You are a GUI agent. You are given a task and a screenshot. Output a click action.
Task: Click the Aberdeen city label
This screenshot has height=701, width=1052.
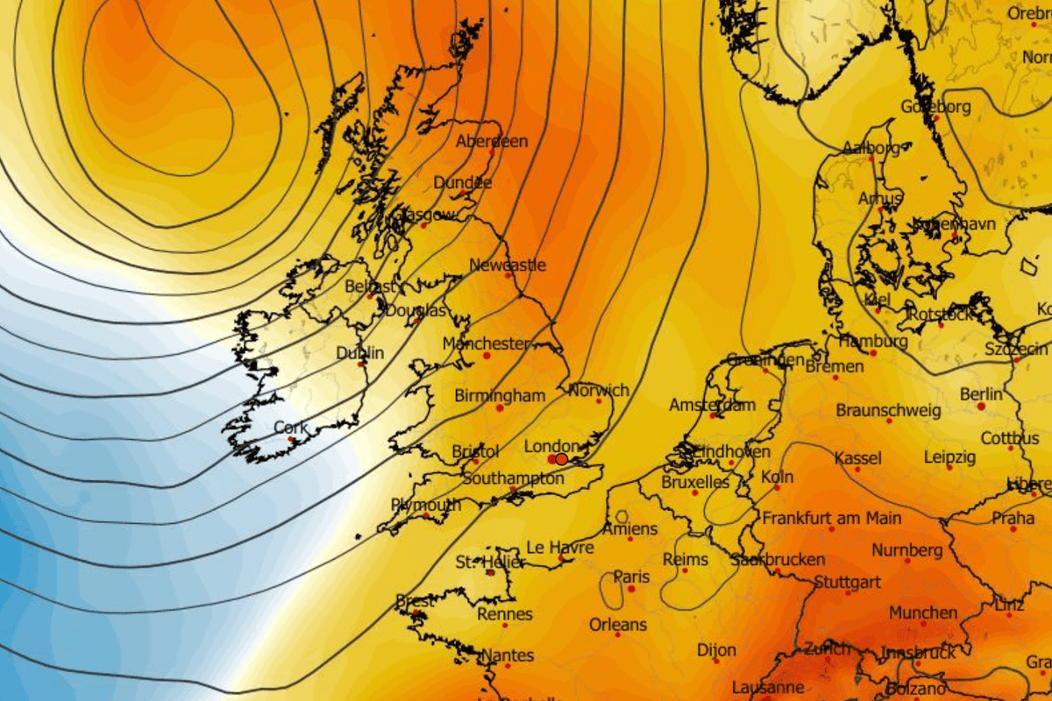tap(492, 141)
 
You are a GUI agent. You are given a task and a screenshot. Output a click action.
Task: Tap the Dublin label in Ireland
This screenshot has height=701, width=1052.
tap(360, 353)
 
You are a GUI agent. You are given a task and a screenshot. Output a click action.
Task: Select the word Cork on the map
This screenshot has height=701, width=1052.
tap(290, 427)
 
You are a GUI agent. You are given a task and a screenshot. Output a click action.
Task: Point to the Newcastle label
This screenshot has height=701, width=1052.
tap(508, 265)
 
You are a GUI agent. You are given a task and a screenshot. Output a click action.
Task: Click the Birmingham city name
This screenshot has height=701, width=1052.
tap(500, 396)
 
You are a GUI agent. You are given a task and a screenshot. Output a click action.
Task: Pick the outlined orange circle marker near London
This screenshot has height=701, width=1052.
tap(562, 458)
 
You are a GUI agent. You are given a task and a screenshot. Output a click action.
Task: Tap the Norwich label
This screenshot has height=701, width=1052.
tap(599, 390)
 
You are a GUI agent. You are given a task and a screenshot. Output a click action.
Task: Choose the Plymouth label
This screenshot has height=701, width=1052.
tap(425, 505)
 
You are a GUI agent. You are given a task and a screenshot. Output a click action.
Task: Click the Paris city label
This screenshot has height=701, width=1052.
tap(631, 577)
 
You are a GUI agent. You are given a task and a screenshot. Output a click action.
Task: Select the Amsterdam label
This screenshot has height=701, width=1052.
tap(712, 406)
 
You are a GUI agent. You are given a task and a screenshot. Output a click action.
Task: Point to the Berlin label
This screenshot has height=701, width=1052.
tap(981, 395)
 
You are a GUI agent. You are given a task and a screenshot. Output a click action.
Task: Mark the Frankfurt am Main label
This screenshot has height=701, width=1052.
tap(831, 519)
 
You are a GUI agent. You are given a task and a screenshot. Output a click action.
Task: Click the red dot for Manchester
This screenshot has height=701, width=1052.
tap(487, 356)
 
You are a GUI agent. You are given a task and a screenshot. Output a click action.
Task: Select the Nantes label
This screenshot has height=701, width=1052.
tap(508, 655)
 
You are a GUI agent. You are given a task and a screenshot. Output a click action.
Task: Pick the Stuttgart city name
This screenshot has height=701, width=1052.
tap(847, 582)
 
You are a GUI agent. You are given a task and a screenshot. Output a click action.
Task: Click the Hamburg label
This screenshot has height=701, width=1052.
tap(872, 341)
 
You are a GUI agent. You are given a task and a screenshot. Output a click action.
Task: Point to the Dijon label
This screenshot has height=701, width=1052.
tap(716, 650)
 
